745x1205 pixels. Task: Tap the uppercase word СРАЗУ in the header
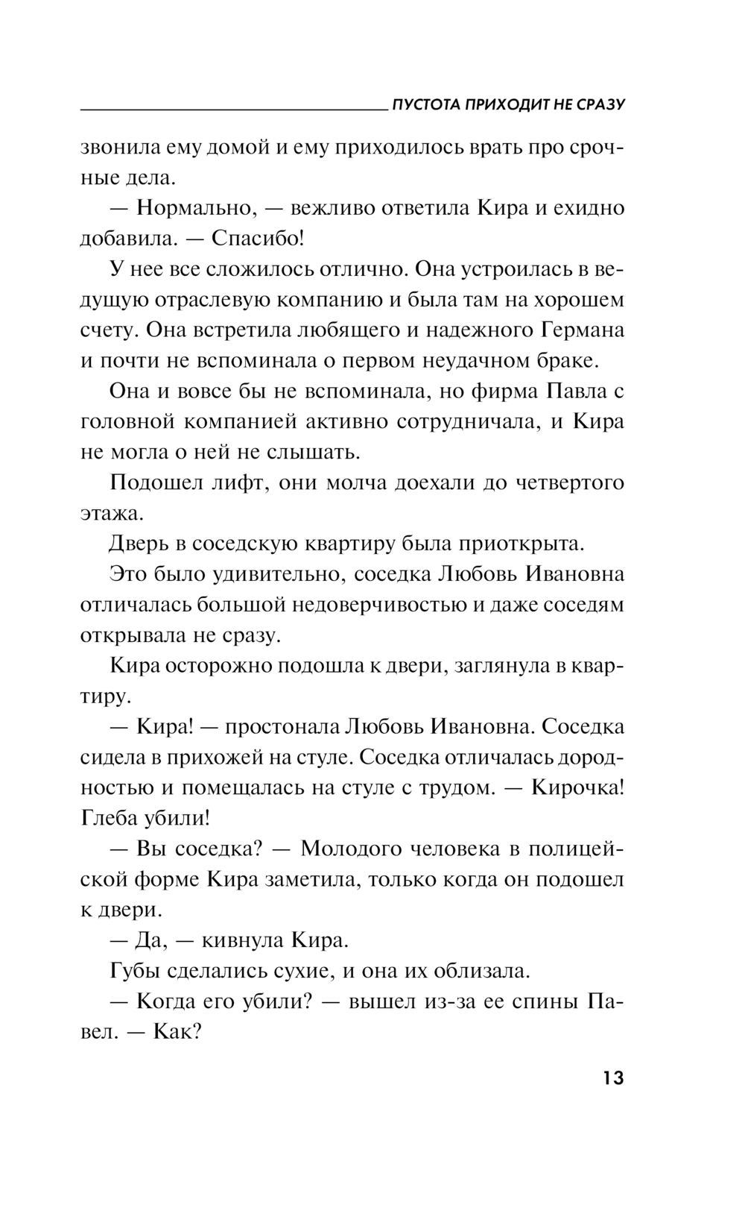599,104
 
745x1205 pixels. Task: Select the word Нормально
197,209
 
